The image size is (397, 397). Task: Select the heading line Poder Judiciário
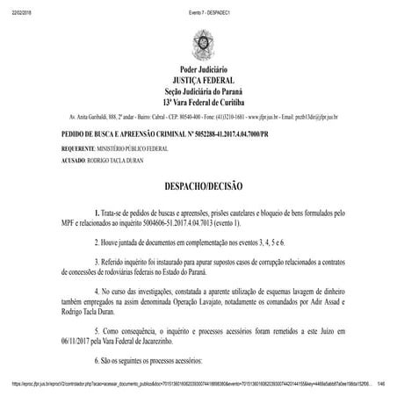(x=198, y=70)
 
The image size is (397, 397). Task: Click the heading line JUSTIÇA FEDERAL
(x=198, y=81)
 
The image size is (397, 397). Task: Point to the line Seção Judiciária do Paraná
(x=198, y=91)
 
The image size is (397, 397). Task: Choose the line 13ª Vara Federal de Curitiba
(x=198, y=103)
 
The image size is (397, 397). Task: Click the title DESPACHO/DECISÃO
(x=198, y=188)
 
